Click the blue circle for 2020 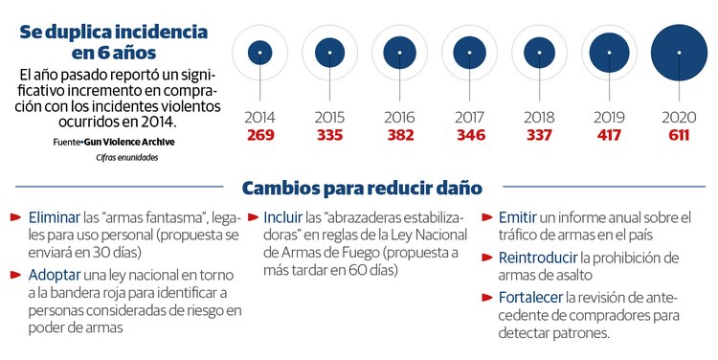coord(678,52)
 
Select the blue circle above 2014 coord(259,52)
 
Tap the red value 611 coord(678,134)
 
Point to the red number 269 coord(259,134)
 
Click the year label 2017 coord(469,117)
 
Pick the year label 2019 coord(609,117)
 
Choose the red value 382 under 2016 coord(399,134)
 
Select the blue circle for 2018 coord(539,52)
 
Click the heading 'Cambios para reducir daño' coord(362,187)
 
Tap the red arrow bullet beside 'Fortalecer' coord(487,297)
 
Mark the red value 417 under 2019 coord(609,134)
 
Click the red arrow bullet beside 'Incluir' coord(254,217)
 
